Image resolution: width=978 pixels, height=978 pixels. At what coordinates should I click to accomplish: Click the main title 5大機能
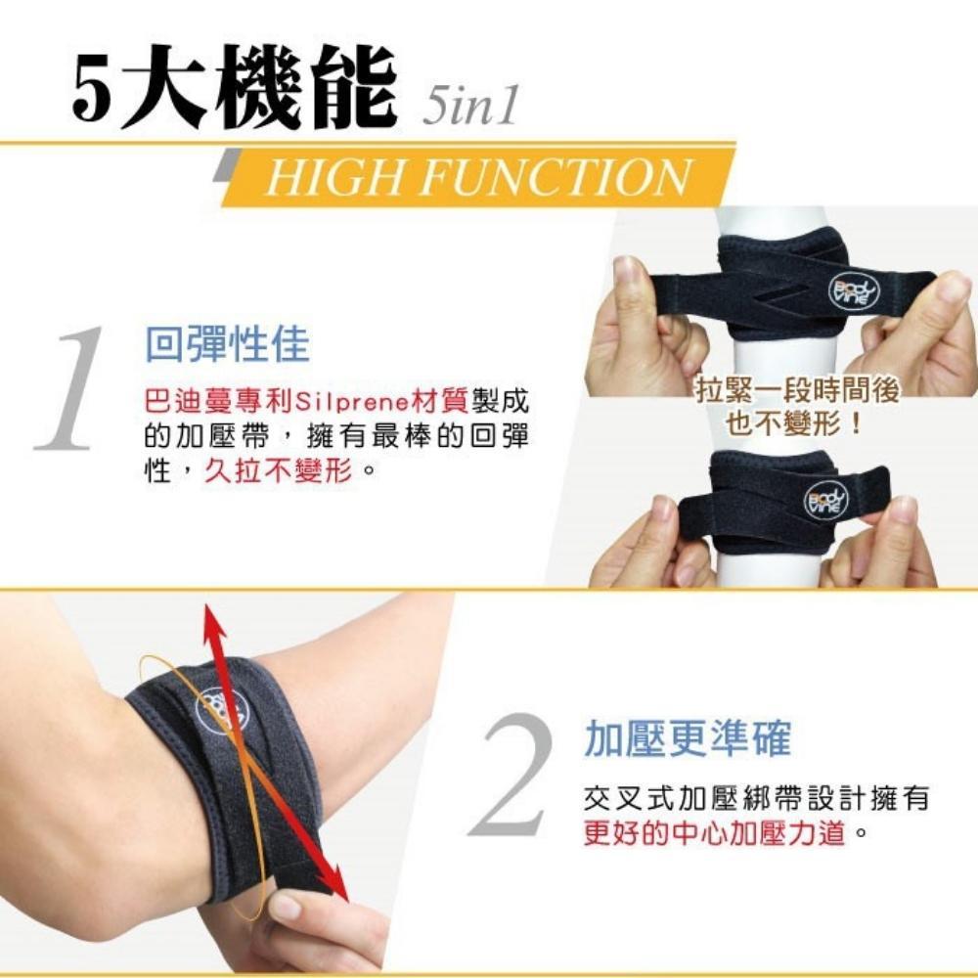point(235,87)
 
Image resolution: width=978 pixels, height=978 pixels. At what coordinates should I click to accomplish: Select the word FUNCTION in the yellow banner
point(556,176)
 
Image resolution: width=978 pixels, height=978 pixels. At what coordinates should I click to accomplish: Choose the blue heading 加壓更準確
point(688,737)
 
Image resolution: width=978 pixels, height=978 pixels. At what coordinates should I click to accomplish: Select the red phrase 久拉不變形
point(278,469)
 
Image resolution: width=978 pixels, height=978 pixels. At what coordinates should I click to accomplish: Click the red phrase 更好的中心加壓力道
point(715,831)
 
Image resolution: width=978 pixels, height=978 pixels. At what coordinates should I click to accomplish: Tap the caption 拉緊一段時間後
point(798,391)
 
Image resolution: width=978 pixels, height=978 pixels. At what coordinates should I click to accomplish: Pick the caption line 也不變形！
point(794,424)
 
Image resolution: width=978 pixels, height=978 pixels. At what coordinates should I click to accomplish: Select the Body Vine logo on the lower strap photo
point(825,500)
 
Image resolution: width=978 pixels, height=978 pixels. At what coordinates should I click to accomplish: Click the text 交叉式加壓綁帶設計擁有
point(757,798)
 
